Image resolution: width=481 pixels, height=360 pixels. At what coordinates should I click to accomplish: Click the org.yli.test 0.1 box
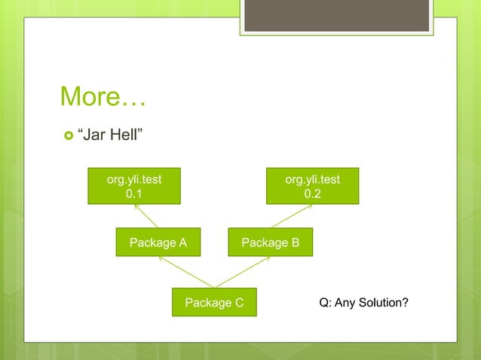point(133,186)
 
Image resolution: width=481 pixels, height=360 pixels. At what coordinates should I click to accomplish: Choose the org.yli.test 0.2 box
point(312,186)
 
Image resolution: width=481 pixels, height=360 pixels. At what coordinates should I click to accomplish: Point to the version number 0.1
point(133,194)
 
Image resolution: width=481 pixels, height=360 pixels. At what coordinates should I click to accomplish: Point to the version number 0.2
point(312,194)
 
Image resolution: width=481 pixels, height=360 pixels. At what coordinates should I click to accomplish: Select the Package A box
point(158,243)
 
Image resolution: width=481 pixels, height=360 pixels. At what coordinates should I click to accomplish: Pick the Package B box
point(270,243)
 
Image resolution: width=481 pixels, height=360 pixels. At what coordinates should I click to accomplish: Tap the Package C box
point(214,302)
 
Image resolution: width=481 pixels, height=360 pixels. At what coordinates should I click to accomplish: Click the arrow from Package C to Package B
point(243,272)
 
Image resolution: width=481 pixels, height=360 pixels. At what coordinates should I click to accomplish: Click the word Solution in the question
point(384,303)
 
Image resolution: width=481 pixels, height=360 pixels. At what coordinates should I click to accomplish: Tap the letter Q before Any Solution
point(324,303)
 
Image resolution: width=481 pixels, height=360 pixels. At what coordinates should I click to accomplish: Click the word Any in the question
point(346,303)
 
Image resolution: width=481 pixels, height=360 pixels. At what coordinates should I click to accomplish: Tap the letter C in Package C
point(238,303)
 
